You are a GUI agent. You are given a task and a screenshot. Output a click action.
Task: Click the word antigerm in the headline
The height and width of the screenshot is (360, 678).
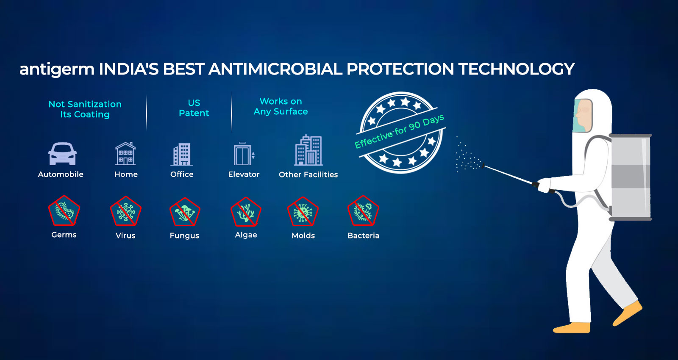tap(57, 69)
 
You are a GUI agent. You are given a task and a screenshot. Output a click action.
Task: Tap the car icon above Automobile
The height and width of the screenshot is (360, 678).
tap(62, 154)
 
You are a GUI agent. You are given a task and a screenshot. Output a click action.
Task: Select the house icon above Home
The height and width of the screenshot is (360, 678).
tap(125, 153)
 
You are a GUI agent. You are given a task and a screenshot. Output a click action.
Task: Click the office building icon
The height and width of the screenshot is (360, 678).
tap(182, 154)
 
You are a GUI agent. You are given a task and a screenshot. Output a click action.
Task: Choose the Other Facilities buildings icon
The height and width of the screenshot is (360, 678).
tap(308, 150)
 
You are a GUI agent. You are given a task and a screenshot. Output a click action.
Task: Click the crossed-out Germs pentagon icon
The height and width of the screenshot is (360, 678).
tap(64, 210)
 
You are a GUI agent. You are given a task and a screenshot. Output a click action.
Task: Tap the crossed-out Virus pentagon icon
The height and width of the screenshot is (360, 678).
tap(125, 211)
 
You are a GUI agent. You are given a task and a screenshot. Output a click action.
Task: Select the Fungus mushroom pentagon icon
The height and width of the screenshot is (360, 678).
tap(185, 212)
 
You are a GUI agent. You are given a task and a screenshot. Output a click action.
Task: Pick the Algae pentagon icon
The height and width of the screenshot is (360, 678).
tap(246, 212)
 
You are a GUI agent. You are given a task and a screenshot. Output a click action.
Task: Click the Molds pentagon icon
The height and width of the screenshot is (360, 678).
tap(303, 211)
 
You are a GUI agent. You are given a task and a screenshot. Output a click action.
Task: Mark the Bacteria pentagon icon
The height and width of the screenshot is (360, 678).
tap(363, 211)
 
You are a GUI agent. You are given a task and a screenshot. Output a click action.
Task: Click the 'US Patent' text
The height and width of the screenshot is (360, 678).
tap(194, 108)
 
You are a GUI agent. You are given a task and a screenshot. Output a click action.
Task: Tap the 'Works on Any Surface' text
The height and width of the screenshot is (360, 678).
tap(281, 106)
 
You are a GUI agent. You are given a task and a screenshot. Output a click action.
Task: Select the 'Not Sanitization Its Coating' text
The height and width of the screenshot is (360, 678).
tap(85, 109)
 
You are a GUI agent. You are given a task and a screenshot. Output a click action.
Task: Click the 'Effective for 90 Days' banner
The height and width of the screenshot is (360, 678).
tap(400, 131)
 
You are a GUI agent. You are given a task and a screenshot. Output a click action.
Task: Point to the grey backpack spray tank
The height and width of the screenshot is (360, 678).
tap(630, 177)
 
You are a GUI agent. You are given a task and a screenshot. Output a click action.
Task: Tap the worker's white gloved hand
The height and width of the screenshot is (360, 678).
tap(544, 185)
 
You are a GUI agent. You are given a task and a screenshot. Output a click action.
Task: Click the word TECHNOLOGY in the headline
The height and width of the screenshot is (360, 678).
tap(517, 69)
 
